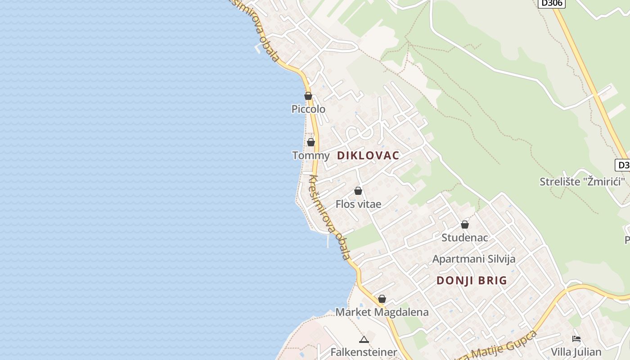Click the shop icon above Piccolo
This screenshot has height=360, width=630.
[x=308, y=96]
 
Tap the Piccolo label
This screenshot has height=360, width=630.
[x=308, y=109]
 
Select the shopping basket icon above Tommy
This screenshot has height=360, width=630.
[x=311, y=142]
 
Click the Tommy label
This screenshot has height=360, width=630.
[x=311, y=156]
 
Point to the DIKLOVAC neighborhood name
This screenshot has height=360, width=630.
[x=368, y=156]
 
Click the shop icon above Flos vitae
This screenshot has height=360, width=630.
[x=358, y=191]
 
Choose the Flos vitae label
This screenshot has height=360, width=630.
[x=358, y=204]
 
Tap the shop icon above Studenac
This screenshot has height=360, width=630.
[x=465, y=224]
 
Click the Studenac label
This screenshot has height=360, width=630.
[x=465, y=237]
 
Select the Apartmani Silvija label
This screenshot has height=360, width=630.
[x=474, y=259]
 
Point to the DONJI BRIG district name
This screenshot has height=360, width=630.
[x=472, y=280]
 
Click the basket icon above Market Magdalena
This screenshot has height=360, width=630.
[x=382, y=299]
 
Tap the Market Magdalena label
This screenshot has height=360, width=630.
[x=382, y=312]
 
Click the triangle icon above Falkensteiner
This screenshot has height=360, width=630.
[x=364, y=339]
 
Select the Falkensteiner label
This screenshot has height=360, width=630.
[x=364, y=352]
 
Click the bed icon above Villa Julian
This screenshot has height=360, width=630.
[x=576, y=339]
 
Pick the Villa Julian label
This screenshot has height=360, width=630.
[x=576, y=351]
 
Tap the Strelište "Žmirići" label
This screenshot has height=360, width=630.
[x=583, y=182]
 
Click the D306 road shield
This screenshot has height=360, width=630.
[x=551, y=3]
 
